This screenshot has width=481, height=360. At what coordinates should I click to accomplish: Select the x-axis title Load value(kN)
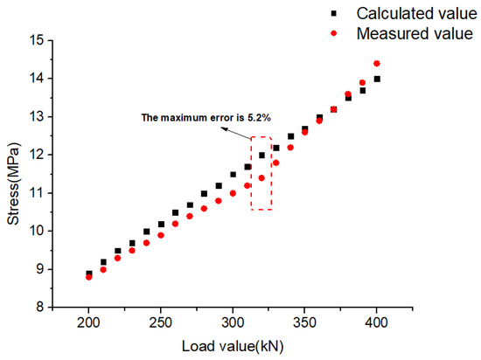[x=232, y=346]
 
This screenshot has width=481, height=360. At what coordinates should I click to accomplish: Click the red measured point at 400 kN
[x=377, y=63]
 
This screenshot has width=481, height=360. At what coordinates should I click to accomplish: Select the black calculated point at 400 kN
[x=377, y=79]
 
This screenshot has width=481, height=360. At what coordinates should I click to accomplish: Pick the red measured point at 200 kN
[x=88, y=277]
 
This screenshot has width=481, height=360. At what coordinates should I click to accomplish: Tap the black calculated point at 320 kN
[x=261, y=155]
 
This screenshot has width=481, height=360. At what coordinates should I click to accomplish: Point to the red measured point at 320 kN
[x=261, y=177]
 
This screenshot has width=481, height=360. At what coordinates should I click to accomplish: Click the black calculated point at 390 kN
[x=362, y=90]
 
